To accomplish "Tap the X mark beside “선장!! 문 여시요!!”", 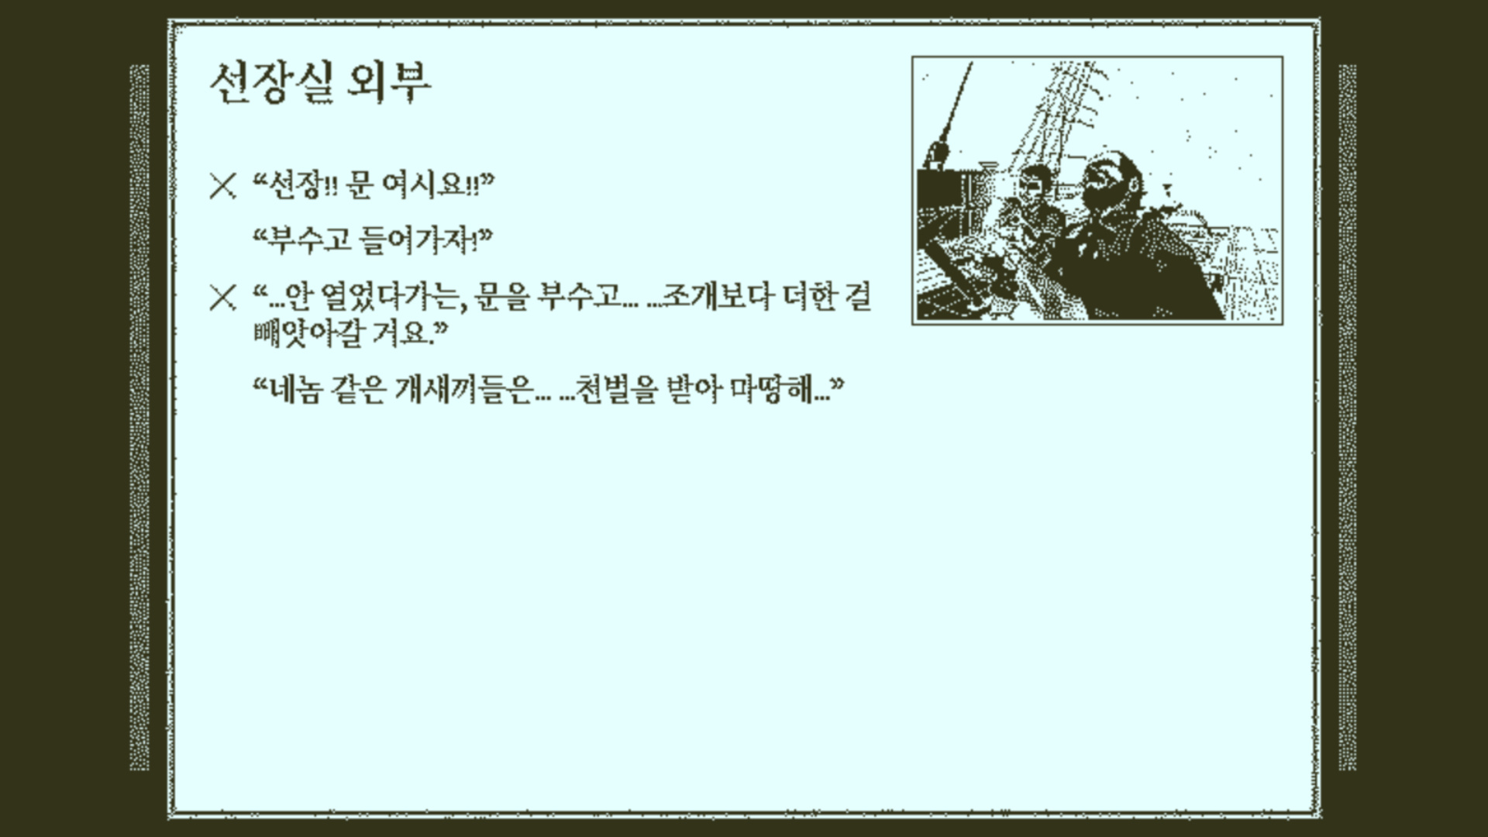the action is pyautogui.click(x=222, y=187).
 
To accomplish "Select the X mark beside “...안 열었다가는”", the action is pyautogui.click(x=222, y=298).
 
